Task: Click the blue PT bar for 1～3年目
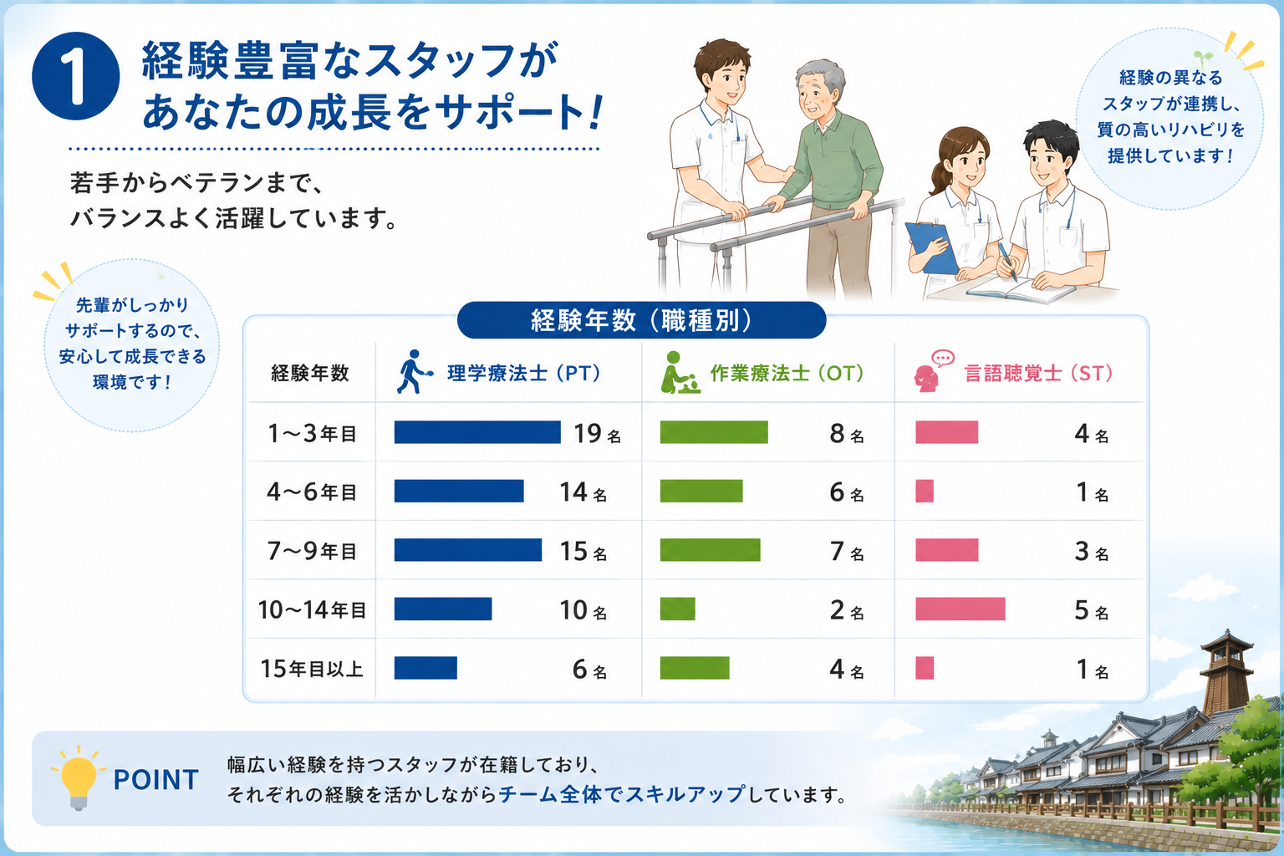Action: pos(477,432)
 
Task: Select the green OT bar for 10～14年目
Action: pos(678,609)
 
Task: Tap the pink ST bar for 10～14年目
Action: pos(960,609)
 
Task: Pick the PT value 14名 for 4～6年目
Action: pos(583,492)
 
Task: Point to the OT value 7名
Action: pos(847,551)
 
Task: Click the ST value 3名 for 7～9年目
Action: pos(1092,551)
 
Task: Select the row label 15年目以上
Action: pos(312,669)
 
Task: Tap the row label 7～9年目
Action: pos(312,551)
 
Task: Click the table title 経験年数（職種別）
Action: pos(641,320)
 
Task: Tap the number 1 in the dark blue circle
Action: pos(76,76)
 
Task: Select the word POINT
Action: pos(156,780)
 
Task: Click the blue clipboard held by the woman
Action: pos(931,247)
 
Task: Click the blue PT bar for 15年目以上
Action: pos(425,668)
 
